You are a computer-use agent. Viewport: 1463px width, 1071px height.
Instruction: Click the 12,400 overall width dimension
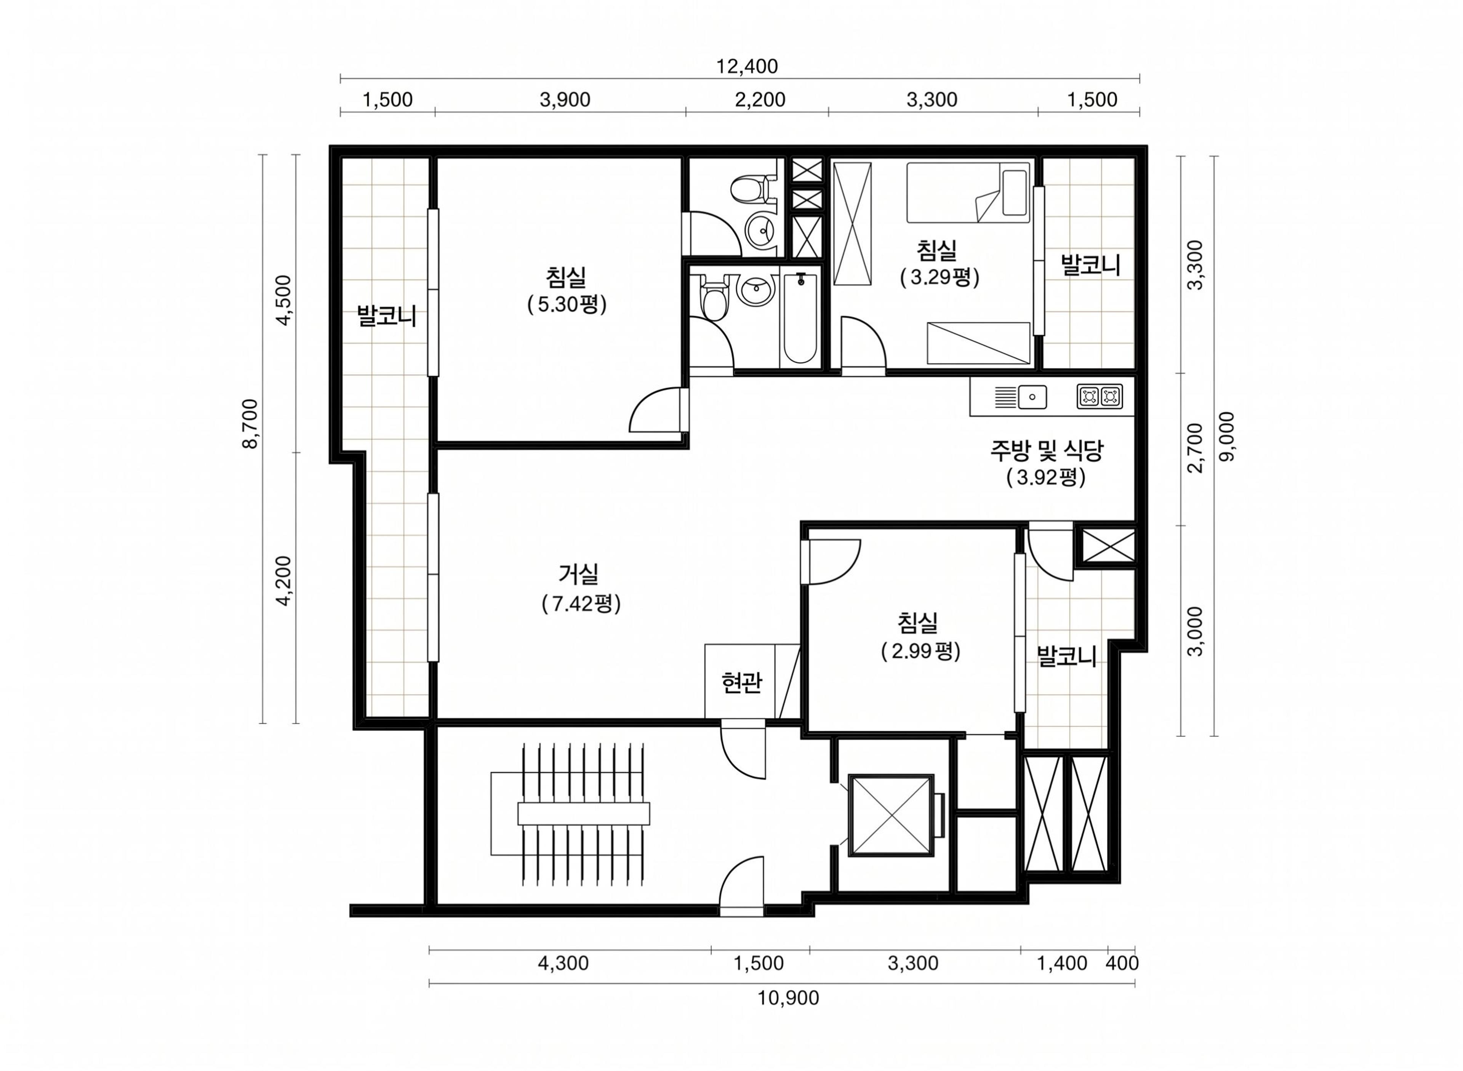(x=746, y=66)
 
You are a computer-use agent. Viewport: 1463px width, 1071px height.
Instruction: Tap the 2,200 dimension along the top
(x=760, y=100)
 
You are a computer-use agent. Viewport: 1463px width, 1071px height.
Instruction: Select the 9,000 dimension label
(x=1227, y=436)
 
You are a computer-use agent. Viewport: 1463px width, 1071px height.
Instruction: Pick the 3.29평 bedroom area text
(x=939, y=277)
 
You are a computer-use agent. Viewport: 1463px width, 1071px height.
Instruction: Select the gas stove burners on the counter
(x=1100, y=396)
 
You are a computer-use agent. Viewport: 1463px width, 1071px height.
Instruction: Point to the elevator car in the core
(x=891, y=815)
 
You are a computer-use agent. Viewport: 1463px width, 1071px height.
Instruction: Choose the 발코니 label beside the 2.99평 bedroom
(x=1066, y=657)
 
